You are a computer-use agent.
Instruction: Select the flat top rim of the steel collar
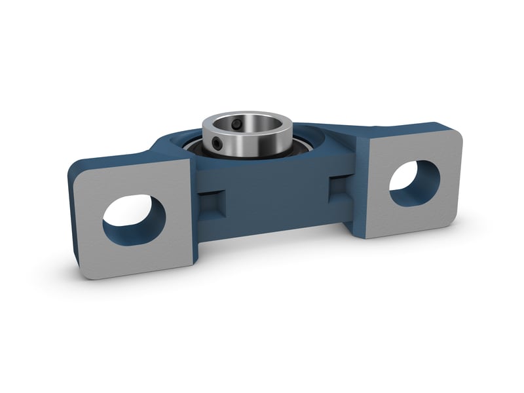pyautogui.click(x=262, y=117)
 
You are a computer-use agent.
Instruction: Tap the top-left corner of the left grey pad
pyautogui.click(x=77, y=171)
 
